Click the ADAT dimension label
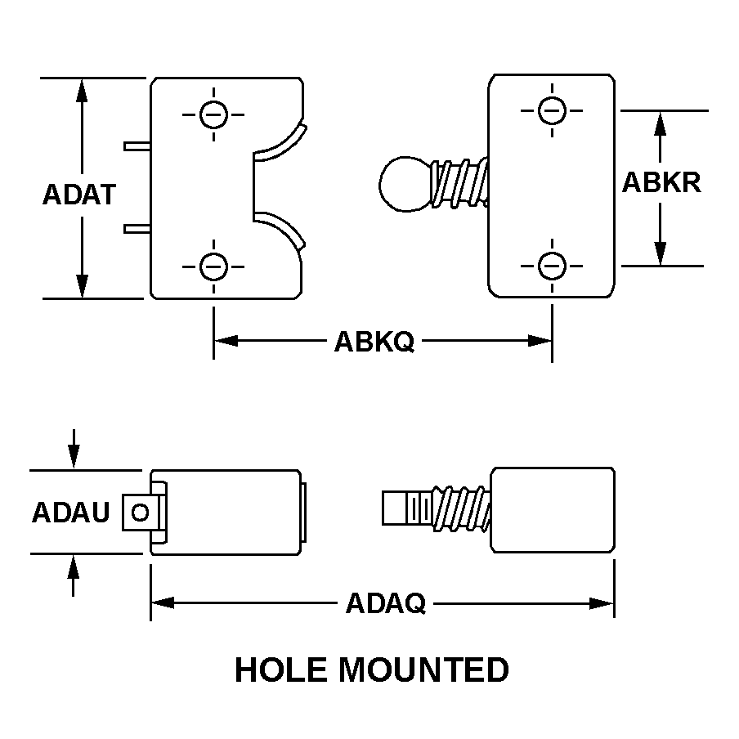click(x=78, y=195)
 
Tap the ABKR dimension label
click(x=661, y=181)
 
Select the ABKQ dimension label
click(x=374, y=341)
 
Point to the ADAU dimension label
click(x=70, y=513)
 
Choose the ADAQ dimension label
click(x=386, y=604)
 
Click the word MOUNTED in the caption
click(x=423, y=670)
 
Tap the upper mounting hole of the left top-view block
click(x=213, y=114)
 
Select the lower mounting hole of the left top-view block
click(x=213, y=266)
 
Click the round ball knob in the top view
click(x=404, y=183)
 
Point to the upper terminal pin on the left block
click(x=137, y=146)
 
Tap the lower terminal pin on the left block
click(x=137, y=228)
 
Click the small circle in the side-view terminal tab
click(x=140, y=513)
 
